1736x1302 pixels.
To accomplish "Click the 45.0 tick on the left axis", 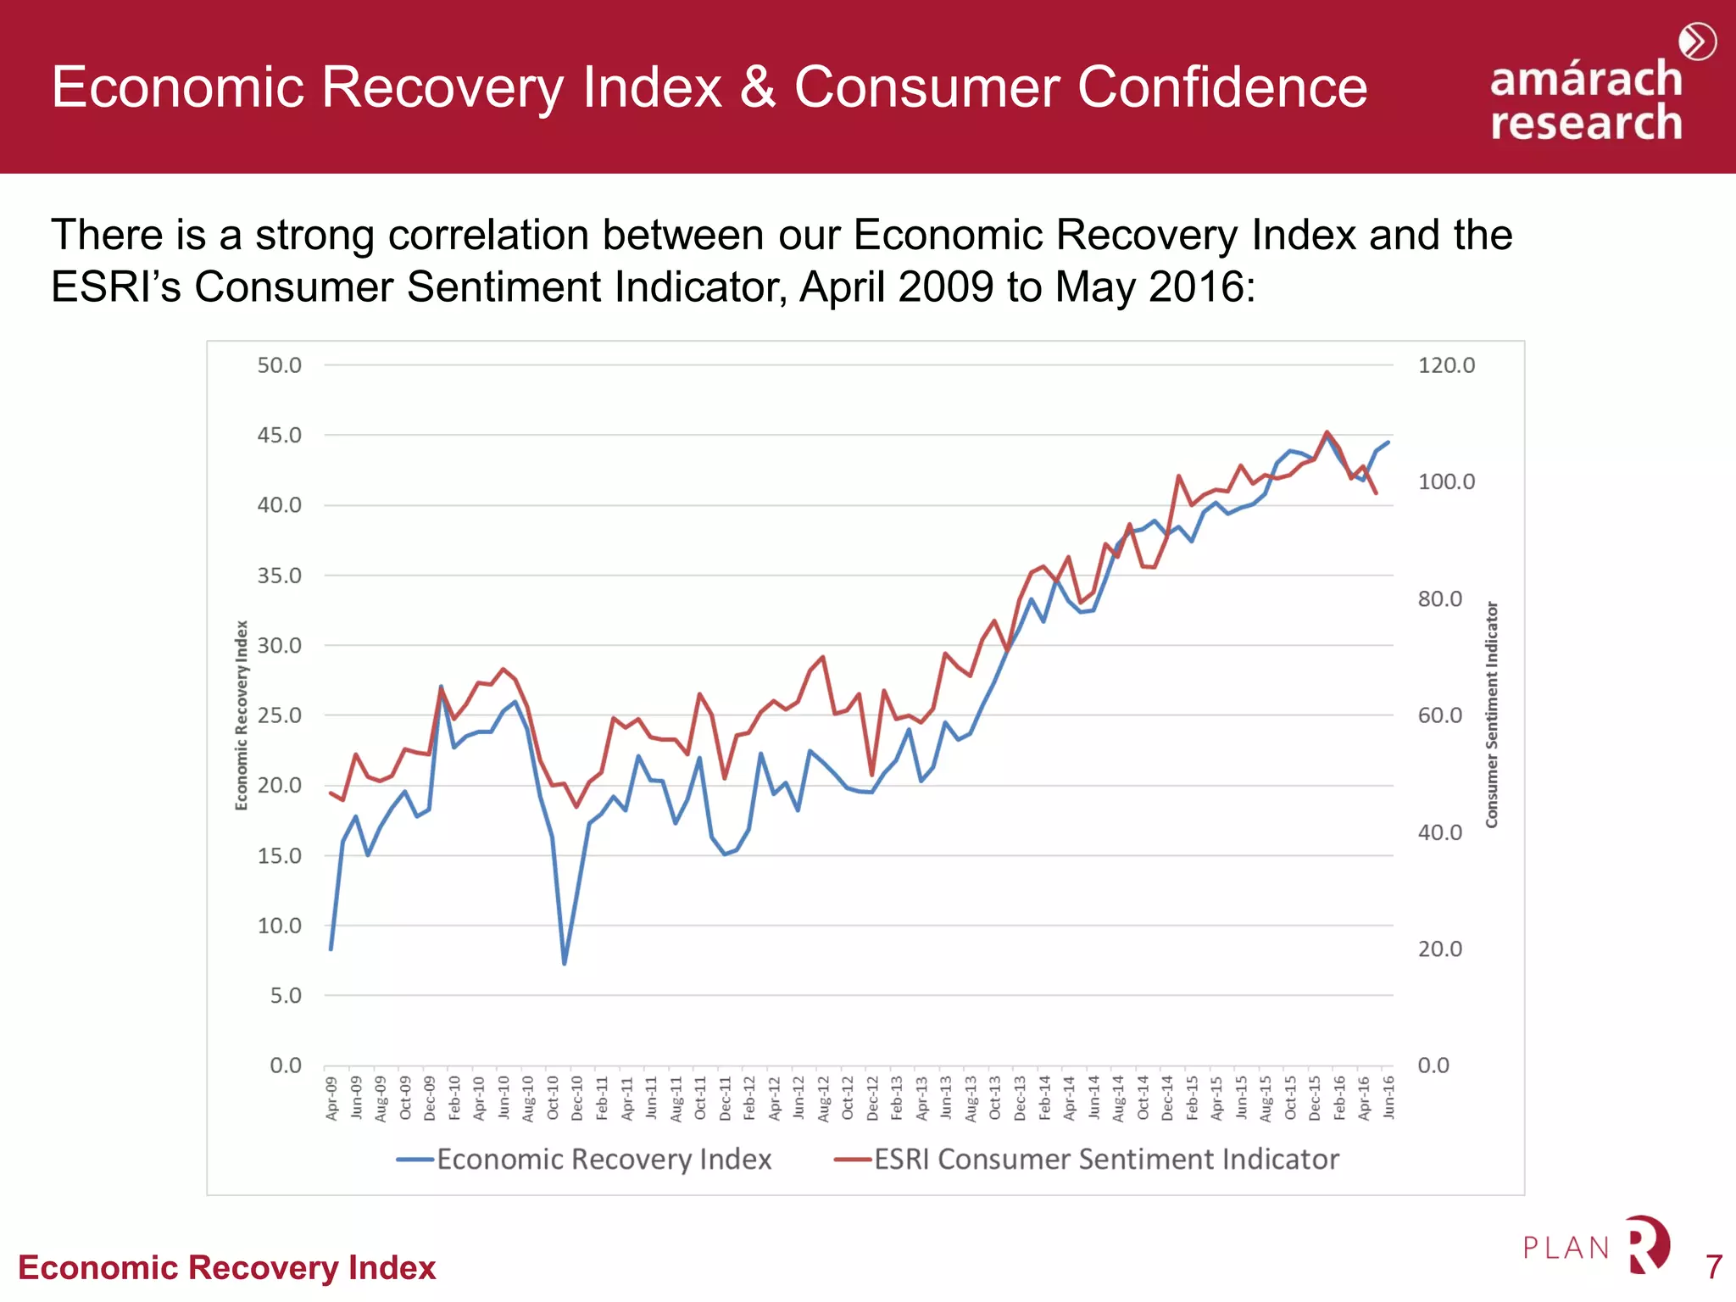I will tap(279, 435).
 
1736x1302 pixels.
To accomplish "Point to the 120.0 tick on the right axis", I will tap(1446, 365).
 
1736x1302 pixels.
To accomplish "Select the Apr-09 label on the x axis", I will tap(331, 1099).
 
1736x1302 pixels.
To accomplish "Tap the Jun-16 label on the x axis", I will tap(1388, 1099).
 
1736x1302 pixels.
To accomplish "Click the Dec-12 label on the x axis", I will tap(872, 1099).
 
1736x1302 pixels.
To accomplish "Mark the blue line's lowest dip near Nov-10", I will tap(565, 963).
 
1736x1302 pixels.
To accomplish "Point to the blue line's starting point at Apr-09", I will tap(331, 949).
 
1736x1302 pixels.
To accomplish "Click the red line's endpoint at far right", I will tap(1376, 492).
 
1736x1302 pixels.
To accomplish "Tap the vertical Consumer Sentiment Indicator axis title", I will tap(1492, 715).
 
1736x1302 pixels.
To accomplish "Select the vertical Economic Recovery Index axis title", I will tap(242, 715).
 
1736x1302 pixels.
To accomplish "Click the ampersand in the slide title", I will tap(758, 87).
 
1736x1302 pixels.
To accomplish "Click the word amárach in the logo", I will tap(1585, 79).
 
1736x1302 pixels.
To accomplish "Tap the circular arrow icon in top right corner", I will tap(1697, 42).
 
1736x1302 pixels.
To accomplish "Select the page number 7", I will tap(1713, 1267).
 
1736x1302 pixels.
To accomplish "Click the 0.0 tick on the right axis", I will tap(1433, 1066).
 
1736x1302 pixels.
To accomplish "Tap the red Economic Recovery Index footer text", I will tap(226, 1267).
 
